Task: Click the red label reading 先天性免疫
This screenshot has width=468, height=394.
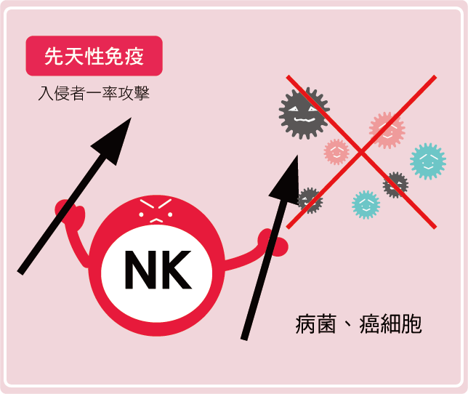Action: (x=94, y=56)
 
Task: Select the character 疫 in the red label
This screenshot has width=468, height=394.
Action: (x=134, y=56)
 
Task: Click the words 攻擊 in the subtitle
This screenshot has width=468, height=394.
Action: (x=134, y=94)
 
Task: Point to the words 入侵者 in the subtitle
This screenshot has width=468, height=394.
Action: (x=62, y=94)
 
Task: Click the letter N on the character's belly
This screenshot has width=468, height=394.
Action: (x=141, y=270)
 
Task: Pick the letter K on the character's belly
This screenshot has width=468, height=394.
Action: (x=177, y=270)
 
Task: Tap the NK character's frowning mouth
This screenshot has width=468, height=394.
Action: (x=156, y=220)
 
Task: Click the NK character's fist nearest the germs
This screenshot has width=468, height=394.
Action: (x=273, y=243)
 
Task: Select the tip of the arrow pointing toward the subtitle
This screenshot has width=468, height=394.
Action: (x=132, y=118)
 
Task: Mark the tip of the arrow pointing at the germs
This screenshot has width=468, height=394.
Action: (x=297, y=156)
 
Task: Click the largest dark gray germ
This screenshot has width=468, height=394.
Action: (x=304, y=113)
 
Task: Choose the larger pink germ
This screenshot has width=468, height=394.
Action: (x=387, y=130)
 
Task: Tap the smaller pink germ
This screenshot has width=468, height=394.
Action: (x=336, y=152)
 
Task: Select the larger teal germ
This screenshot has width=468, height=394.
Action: (x=428, y=161)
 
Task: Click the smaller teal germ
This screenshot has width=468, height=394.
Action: (x=366, y=205)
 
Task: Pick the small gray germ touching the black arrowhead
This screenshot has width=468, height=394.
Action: (x=310, y=201)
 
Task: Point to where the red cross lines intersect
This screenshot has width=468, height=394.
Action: (x=361, y=152)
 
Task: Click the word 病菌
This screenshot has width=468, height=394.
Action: (x=316, y=324)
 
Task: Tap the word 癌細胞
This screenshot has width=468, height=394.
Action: (x=391, y=324)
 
